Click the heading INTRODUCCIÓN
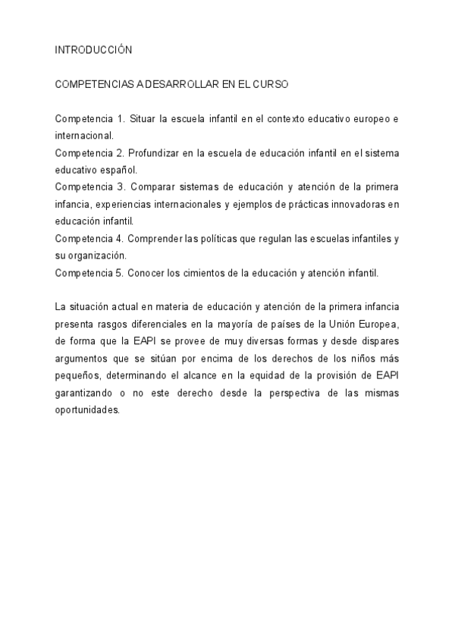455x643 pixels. point(94,50)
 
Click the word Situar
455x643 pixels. point(143,120)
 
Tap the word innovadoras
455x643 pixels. point(350,203)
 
